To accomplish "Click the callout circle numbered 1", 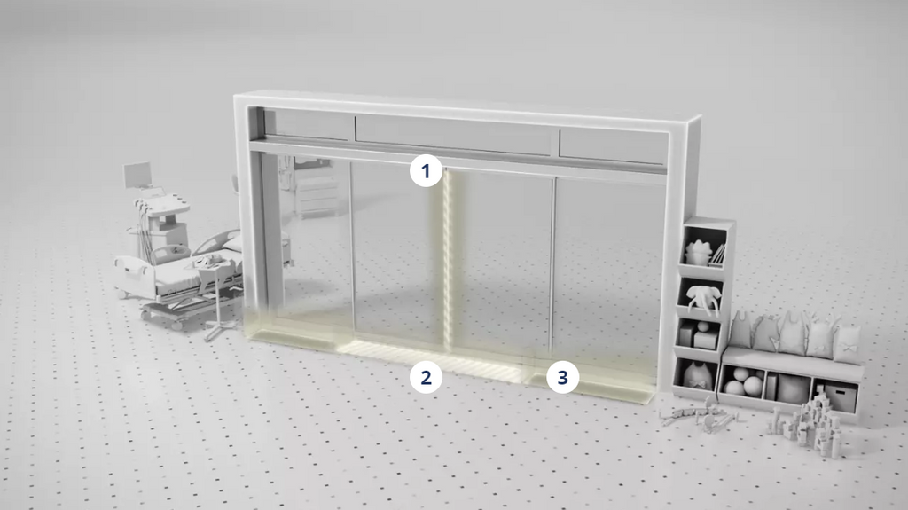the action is point(427,171).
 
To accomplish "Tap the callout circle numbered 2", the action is point(427,377).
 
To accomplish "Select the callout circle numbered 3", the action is point(563,377).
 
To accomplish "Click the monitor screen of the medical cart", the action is point(137,175).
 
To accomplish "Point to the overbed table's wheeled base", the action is point(219,330).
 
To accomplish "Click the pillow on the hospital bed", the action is point(234,243).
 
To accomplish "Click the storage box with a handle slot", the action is point(839,396).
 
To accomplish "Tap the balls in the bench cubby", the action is point(744,381).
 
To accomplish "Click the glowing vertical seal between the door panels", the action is point(447,261).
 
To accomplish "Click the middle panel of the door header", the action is point(452,135).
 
